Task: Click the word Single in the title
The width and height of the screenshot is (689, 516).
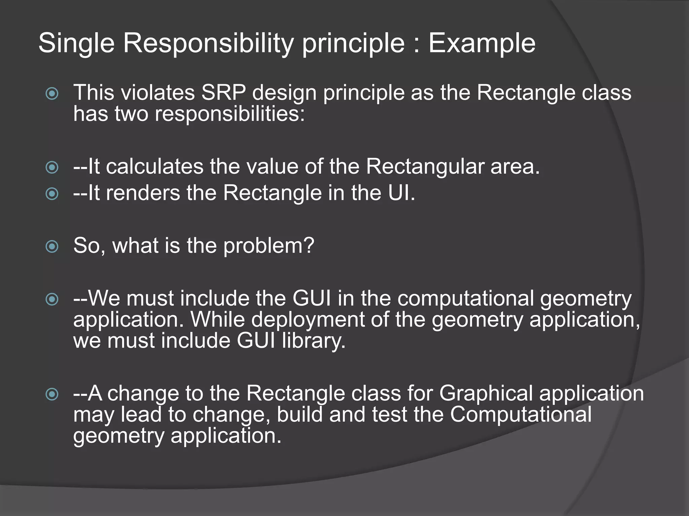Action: (76, 44)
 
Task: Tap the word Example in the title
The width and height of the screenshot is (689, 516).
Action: (481, 44)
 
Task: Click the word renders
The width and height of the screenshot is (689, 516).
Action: (143, 193)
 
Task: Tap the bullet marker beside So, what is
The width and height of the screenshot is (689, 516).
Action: (52, 247)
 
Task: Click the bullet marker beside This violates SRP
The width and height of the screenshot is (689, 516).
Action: (52, 93)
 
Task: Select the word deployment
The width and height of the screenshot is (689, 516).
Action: (307, 319)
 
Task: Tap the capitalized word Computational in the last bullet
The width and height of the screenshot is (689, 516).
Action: (520, 414)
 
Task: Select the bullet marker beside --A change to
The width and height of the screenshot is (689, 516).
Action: (52, 394)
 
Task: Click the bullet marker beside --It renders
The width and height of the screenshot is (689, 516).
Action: (52, 194)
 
